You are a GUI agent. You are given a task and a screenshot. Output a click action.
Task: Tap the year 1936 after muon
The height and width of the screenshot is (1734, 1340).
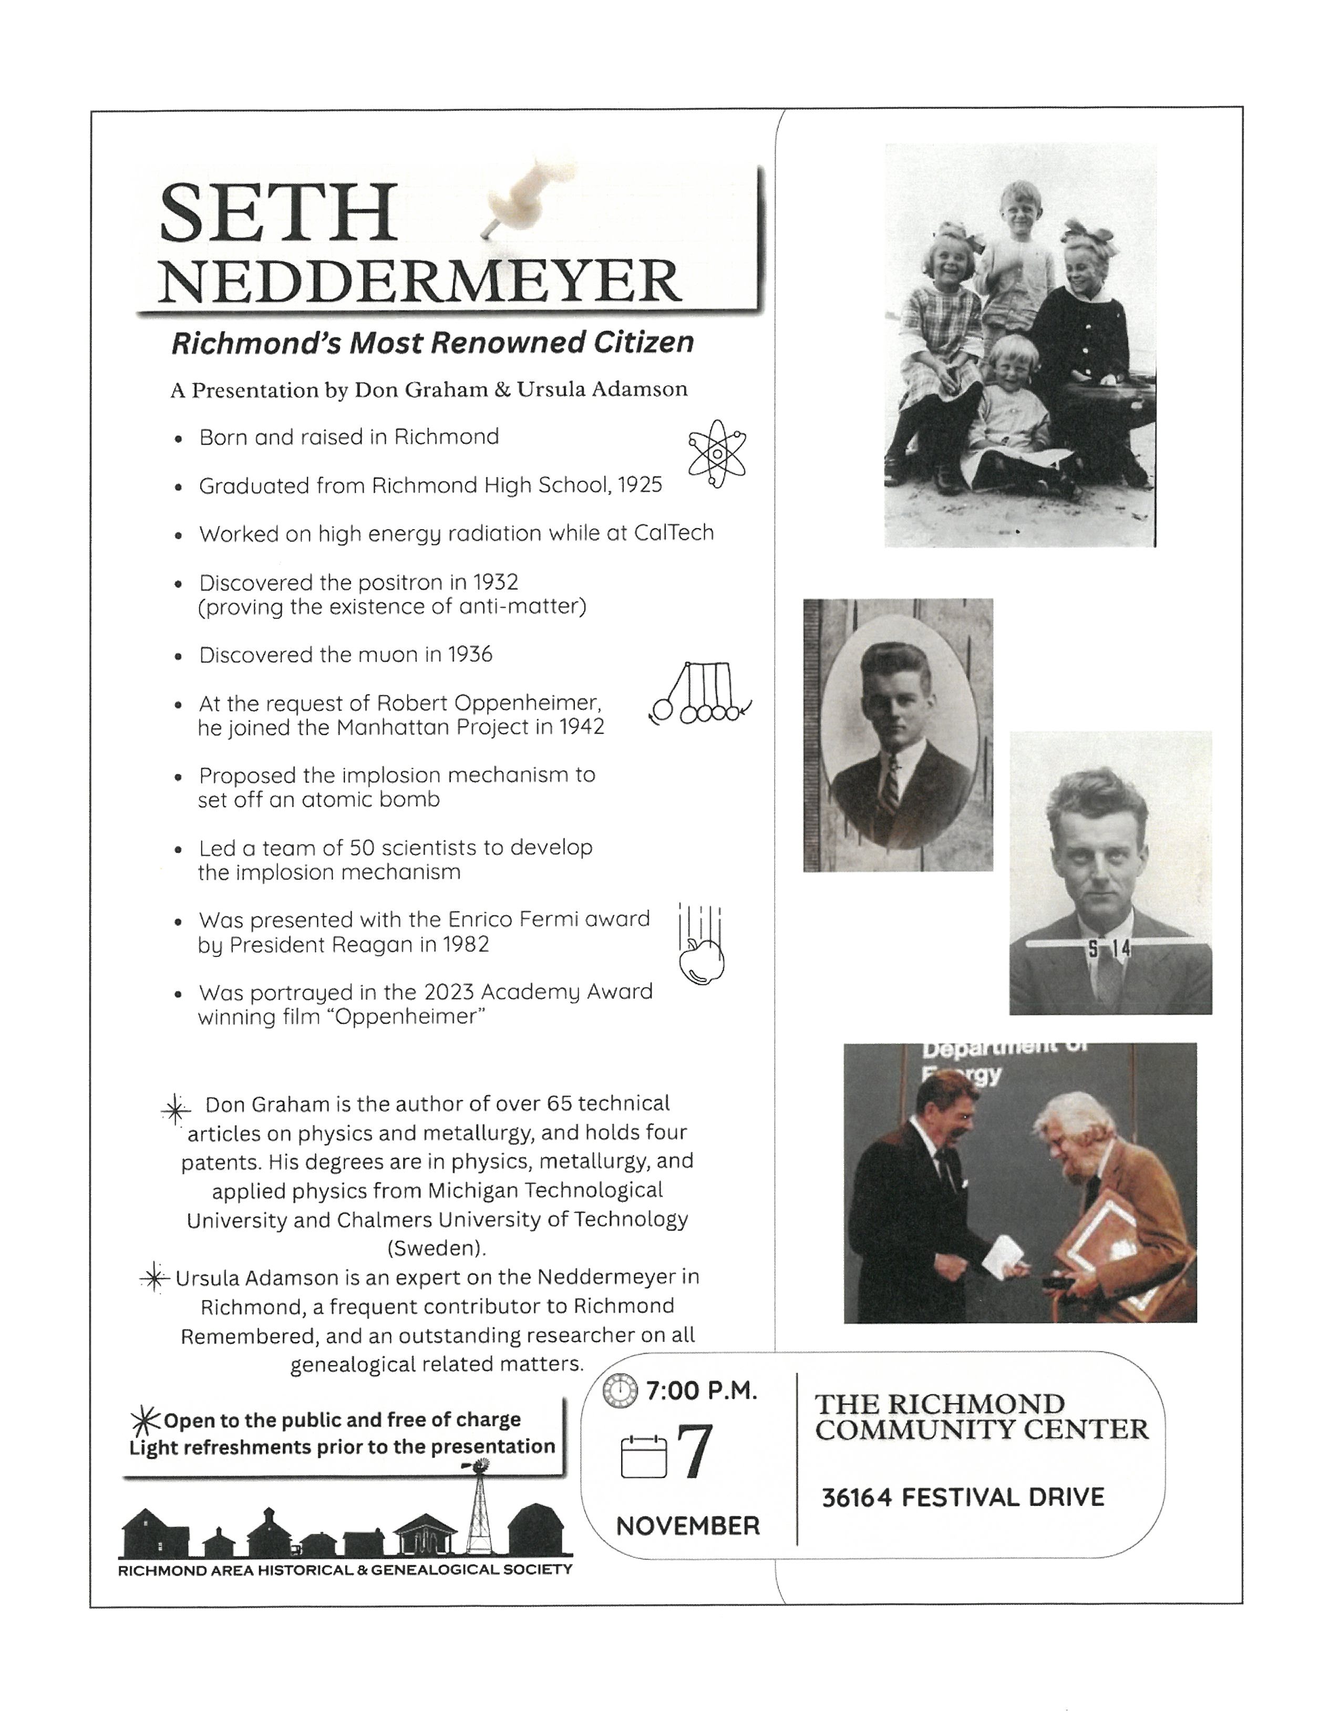point(469,655)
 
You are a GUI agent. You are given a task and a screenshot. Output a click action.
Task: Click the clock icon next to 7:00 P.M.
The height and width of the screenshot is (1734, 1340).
point(620,1390)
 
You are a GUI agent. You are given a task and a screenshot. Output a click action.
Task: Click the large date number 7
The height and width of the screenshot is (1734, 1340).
point(694,1453)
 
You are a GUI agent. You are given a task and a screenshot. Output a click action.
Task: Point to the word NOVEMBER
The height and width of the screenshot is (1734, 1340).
point(687,1525)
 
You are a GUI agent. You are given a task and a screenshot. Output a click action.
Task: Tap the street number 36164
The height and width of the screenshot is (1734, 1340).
point(855,1498)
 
